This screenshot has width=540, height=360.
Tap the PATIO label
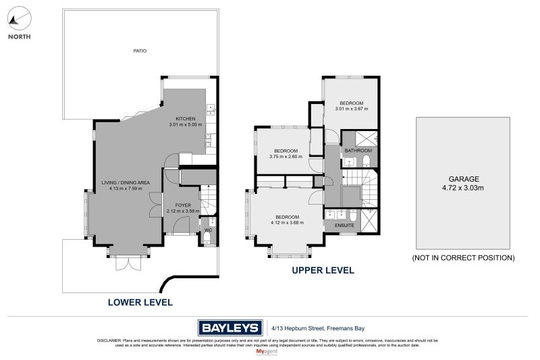coord(139,51)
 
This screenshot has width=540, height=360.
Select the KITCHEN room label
coord(185,119)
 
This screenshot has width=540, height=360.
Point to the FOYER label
coord(184,205)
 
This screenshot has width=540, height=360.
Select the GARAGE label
coord(462,180)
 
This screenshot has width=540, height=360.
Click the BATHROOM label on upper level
coord(358,151)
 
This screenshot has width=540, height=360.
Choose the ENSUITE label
coord(334,225)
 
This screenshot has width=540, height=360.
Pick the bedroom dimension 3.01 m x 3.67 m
coord(351,109)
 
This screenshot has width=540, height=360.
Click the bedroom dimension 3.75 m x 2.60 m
coord(286,157)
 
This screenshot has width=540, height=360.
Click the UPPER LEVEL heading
coord(323,270)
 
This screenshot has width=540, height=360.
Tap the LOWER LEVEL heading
coord(140,302)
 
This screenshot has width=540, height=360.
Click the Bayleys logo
coord(230,328)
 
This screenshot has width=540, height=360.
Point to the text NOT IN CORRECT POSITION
coord(463,258)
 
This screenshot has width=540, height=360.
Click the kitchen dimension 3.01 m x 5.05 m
coord(185,125)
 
